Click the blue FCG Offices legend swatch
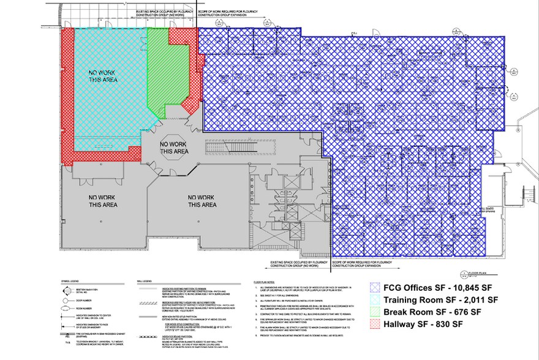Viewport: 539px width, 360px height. click(375, 287)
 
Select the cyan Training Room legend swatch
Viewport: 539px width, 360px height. click(375, 300)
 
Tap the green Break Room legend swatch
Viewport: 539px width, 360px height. click(375, 312)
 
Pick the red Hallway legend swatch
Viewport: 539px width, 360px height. click(375, 324)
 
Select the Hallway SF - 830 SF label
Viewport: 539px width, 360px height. click(423, 324)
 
